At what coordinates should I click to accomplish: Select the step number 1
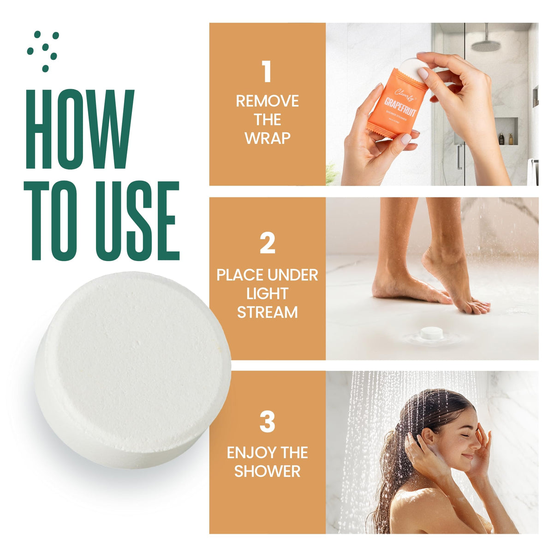pyautogui.click(x=267, y=72)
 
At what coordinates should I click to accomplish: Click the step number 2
pyautogui.click(x=267, y=243)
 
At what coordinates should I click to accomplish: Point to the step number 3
pyautogui.click(x=267, y=421)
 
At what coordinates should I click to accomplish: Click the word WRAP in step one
pyautogui.click(x=267, y=138)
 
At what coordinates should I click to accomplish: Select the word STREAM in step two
pyautogui.click(x=267, y=312)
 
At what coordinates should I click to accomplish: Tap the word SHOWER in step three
pyautogui.click(x=267, y=471)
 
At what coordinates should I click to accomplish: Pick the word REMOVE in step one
pyautogui.click(x=267, y=101)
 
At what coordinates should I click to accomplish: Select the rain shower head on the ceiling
pyautogui.click(x=486, y=45)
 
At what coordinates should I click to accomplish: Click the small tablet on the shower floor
pyautogui.click(x=431, y=333)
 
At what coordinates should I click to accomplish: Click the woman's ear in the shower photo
pyautogui.click(x=427, y=436)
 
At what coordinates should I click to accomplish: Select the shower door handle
pyautogui.click(x=459, y=157)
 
